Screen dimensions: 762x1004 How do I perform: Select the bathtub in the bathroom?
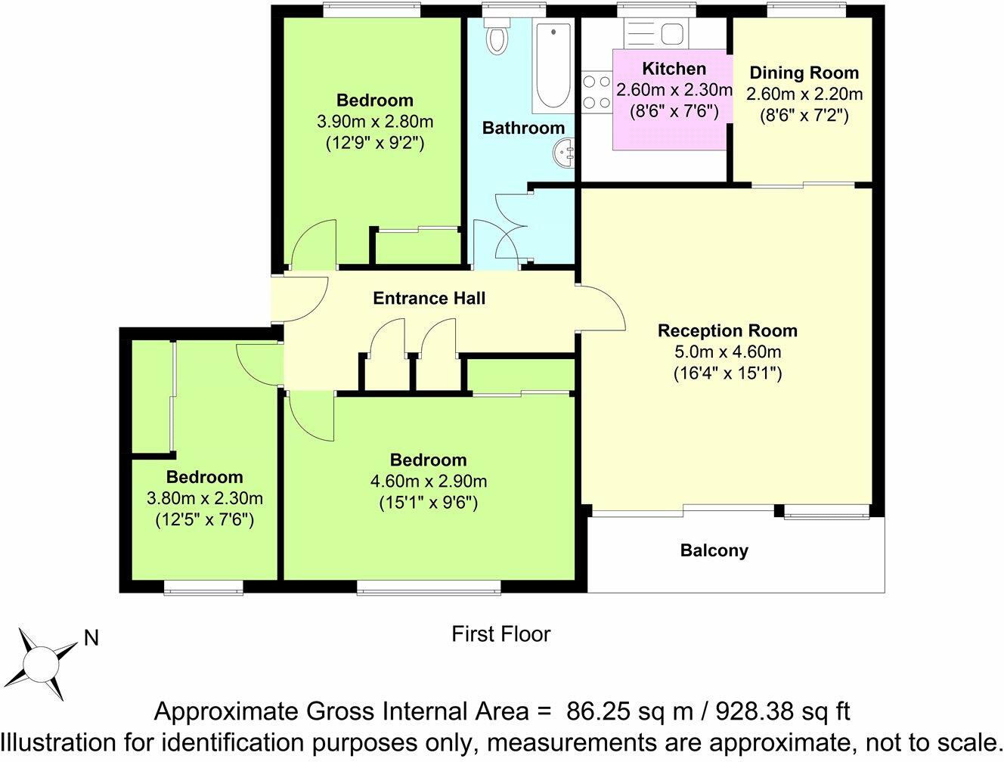tap(553, 67)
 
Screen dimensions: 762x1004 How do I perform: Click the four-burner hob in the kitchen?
tap(596, 91)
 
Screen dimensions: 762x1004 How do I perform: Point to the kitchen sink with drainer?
tap(655, 33)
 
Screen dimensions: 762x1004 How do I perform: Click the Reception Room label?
tap(727, 330)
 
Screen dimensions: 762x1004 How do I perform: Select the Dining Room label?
tap(804, 73)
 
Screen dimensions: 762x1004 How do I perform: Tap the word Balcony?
tap(714, 550)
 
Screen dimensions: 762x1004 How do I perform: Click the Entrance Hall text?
tap(429, 298)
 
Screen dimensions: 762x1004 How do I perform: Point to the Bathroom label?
tap(523, 128)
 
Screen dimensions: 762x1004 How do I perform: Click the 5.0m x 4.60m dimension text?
tap(727, 352)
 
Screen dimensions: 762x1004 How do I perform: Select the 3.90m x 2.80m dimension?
tap(374, 122)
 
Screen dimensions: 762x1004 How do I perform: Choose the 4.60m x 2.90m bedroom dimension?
tap(428, 482)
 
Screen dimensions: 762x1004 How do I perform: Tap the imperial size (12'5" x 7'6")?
tap(204, 519)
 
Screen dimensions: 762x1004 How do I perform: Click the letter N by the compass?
tap(91, 638)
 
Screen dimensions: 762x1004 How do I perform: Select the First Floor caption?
tap(500, 633)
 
